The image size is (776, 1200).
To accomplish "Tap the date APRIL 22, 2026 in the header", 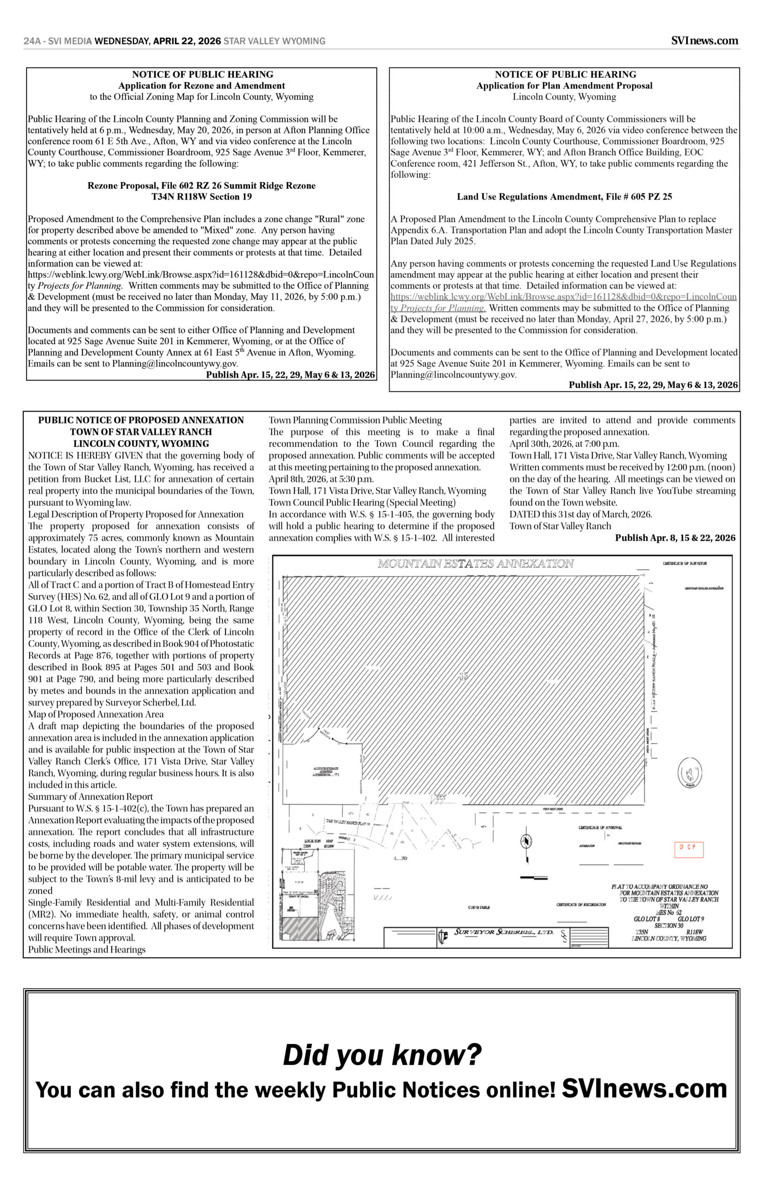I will tap(187, 41).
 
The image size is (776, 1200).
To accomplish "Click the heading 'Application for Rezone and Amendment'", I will tap(201, 86).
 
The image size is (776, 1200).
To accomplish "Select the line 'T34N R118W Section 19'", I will tap(201, 196).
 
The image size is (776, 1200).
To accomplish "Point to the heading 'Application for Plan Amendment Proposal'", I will tap(564, 86).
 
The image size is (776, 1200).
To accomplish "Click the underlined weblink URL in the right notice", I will tap(563, 297).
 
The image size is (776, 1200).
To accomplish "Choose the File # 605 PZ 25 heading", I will tap(564, 196).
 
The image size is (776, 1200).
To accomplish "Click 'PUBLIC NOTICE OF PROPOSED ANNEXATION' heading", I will tap(141, 420).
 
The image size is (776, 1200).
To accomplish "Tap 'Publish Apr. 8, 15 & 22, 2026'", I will tap(675, 538).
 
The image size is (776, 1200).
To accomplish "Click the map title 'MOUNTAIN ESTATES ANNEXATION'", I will tap(476, 563).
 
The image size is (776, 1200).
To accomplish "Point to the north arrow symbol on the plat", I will tap(526, 841).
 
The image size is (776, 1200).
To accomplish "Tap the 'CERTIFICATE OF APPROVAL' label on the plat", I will tap(600, 827).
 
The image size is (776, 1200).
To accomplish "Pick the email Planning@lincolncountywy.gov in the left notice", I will tap(175, 363).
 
